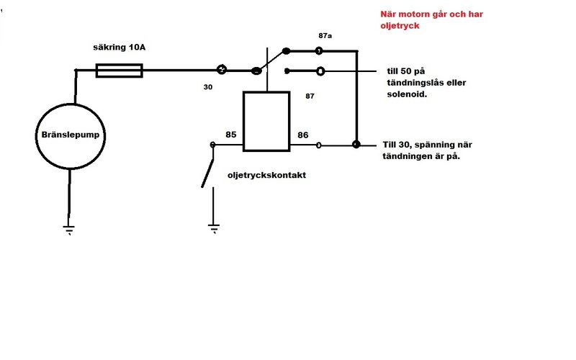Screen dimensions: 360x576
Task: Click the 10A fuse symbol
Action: [120, 71]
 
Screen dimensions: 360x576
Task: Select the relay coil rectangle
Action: [266, 121]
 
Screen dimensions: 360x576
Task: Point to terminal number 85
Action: [231, 134]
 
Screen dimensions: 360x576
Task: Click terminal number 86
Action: [303, 134]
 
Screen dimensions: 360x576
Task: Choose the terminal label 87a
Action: [325, 35]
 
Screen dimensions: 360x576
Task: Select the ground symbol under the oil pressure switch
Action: [213, 228]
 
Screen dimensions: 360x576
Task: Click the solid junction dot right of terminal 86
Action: [356, 145]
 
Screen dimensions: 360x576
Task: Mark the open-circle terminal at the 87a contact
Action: [318, 51]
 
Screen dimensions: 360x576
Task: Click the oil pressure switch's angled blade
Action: [207, 166]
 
